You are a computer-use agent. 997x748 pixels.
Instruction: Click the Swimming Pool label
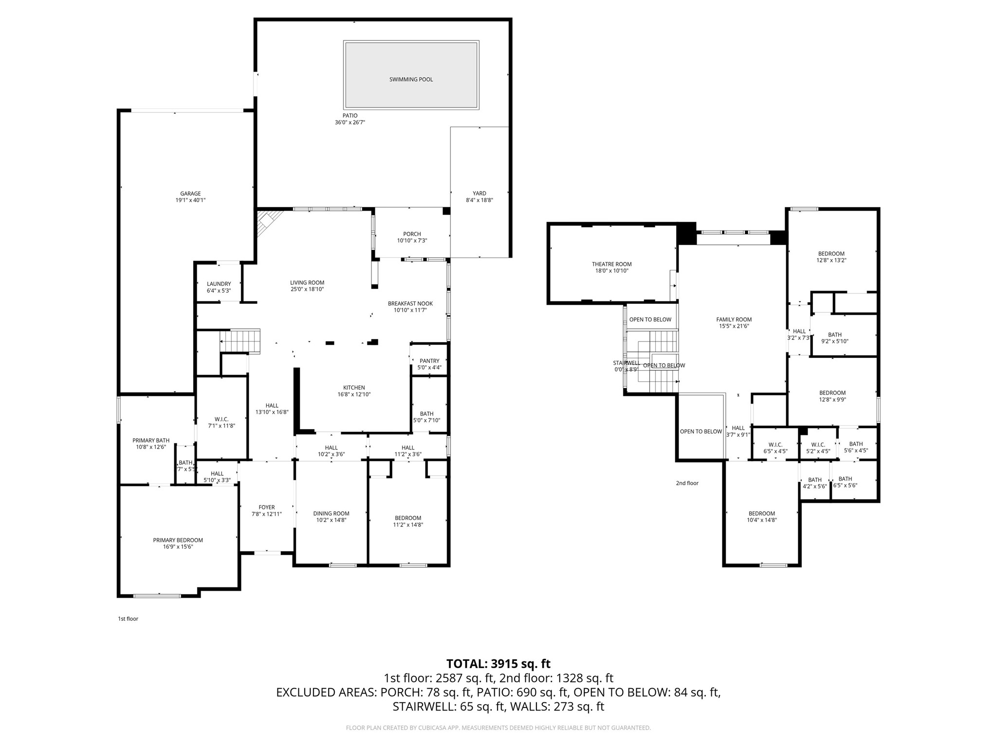coord(411,79)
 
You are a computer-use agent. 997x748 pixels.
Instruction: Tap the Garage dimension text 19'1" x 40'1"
coord(190,200)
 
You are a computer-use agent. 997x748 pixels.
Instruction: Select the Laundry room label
coord(219,284)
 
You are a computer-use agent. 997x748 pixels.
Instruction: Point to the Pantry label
coord(429,361)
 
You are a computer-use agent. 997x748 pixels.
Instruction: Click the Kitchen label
coord(354,388)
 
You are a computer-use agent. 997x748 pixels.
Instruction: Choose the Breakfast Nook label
coord(410,303)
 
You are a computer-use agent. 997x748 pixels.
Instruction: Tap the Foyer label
coord(266,507)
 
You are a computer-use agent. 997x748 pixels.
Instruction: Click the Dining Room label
coord(331,513)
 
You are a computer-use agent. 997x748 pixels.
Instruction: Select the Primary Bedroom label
coord(178,540)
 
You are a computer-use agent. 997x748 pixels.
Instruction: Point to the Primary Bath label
coord(151,440)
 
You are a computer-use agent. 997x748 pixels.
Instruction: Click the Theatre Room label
coord(611,264)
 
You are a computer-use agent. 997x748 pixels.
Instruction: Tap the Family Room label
coord(734,319)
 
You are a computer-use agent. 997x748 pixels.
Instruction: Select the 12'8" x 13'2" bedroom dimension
coord(831,260)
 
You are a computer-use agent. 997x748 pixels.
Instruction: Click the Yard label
coord(479,193)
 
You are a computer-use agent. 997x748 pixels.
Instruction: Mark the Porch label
coord(412,234)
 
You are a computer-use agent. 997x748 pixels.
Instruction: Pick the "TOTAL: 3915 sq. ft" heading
coord(498,664)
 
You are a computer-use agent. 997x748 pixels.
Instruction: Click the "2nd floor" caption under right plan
coord(687,483)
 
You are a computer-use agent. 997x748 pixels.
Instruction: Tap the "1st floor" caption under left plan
coord(128,618)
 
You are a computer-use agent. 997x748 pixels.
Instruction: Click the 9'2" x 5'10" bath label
coord(834,341)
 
